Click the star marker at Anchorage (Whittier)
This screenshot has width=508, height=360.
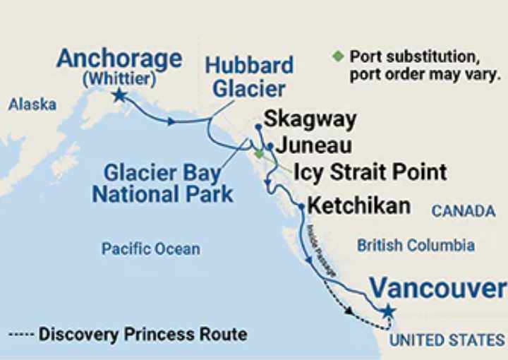pos(119,95)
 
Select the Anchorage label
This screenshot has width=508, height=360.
pos(119,58)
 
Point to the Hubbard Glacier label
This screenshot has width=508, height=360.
pos(248,77)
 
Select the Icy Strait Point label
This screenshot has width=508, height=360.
pos(370,172)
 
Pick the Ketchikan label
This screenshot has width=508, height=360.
pos(360,206)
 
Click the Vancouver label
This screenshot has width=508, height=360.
pos(437,288)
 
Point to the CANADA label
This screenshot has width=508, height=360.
pos(464,211)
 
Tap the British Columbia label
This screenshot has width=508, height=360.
pos(416,246)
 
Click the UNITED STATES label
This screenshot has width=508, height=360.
pos(447,340)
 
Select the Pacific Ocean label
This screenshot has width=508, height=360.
pos(150,248)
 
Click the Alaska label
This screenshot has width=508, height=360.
pos(32,104)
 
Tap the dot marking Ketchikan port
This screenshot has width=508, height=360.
pos(301,207)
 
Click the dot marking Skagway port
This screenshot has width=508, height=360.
pos(259,127)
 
